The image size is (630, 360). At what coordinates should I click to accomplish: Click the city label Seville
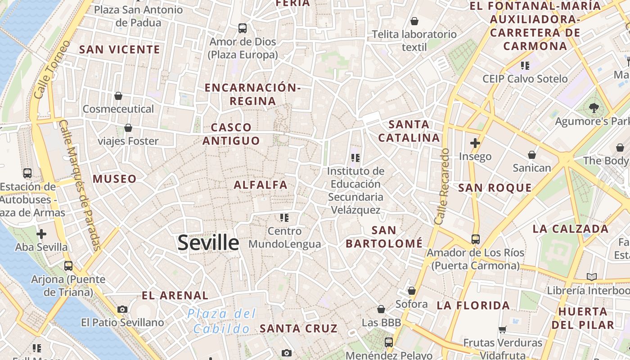[208, 243]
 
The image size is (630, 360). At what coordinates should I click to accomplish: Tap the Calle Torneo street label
[52, 70]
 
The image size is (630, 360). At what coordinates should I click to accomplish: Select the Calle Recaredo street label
[442, 186]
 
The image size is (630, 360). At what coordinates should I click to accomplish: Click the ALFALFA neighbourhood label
[261, 184]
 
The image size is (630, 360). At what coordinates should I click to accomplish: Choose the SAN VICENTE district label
[120, 49]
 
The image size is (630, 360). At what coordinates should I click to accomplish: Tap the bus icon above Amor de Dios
[243, 28]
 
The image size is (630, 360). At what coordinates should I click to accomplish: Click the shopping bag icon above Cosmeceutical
[118, 96]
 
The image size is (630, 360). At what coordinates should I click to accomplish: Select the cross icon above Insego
[475, 143]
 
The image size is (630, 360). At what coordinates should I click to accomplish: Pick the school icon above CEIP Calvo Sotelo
[525, 66]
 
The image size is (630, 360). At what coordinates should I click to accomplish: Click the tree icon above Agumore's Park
[594, 108]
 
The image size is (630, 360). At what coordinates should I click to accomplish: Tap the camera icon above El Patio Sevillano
[122, 309]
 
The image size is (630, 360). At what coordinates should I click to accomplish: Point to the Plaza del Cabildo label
[221, 321]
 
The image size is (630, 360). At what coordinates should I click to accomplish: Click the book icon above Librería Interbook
[592, 277]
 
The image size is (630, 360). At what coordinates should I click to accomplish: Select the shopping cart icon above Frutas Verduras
[503, 329]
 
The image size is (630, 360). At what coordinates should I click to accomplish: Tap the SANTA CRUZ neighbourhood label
[299, 328]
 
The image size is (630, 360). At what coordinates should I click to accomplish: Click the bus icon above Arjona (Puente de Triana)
[68, 266]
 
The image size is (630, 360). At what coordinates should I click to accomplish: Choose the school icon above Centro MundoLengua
[284, 218]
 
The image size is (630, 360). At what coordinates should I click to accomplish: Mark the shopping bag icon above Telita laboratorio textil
[414, 21]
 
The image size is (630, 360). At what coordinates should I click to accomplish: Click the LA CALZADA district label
[571, 229]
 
